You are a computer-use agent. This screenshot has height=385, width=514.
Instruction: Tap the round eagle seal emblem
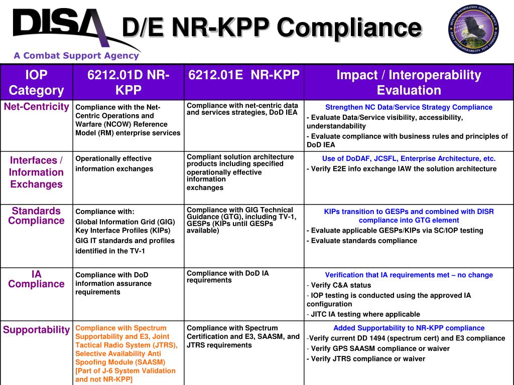tap(473, 29)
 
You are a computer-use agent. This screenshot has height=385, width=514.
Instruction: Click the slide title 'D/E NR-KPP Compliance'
tap(272, 28)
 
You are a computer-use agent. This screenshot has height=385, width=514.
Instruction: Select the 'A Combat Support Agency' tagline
tap(76, 56)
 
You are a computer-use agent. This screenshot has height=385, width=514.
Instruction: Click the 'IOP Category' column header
tap(37, 83)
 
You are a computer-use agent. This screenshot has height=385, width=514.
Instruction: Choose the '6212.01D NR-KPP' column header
tap(128, 83)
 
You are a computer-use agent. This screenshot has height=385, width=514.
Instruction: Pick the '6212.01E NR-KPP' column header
tap(244, 75)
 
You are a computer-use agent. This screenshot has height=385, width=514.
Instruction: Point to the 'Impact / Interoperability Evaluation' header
tap(409, 83)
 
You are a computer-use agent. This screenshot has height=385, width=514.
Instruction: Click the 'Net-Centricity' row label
tap(37, 107)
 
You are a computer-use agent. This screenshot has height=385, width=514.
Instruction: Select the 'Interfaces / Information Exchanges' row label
tap(37, 172)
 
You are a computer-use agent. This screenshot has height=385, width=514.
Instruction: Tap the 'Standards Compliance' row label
tap(37, 216)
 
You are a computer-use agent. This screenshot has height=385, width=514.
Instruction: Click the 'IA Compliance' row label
tap(37, 279)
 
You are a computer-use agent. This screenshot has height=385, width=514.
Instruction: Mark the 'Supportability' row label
tap(37, 330)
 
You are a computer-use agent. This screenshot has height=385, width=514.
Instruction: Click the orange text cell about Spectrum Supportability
tap(127, 353)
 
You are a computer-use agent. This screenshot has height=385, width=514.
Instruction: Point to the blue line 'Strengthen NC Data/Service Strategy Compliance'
tap(409, 107)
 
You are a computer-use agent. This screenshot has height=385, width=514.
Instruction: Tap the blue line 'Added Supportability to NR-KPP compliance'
tap(409, 328)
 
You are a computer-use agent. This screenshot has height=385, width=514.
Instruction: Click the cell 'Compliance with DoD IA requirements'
tap(228, 277)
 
